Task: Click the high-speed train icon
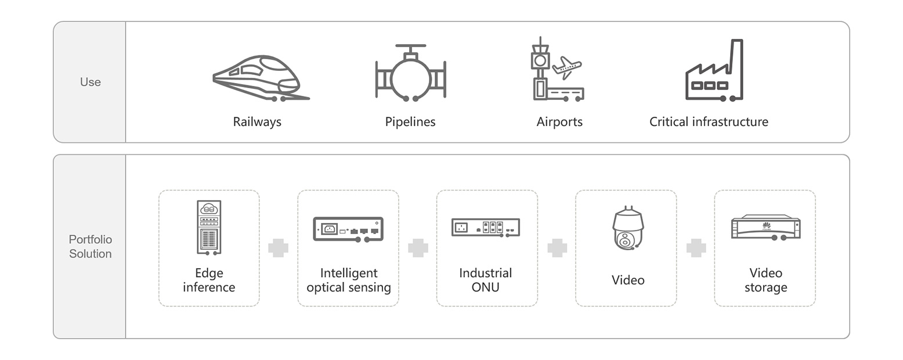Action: tap(260, 78)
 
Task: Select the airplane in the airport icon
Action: tap(566, 67)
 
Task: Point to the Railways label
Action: tap(257, 122)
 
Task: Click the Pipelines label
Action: tap(410, 122)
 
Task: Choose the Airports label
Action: tap(559, 122)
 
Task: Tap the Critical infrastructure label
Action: tap(709, 122)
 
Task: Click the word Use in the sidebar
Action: tap(90, 82)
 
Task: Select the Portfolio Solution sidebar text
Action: tap(90, 247)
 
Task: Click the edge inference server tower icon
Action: tap(209, 227)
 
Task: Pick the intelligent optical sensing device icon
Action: tap(348, 229)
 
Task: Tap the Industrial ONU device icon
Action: tap(486, 228)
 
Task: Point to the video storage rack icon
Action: tap(765, 227)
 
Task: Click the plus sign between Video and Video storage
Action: tap(696, 248)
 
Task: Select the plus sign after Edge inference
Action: tap(279, 248)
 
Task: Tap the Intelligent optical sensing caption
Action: tap(348, 280)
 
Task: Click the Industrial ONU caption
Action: tap(486, 280)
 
